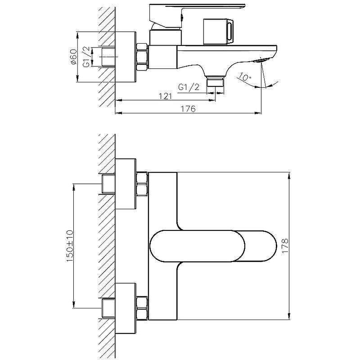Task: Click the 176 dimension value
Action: (x=188, y=108)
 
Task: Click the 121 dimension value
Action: (x=166, y=96)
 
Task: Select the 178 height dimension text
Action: (x=285, y=246)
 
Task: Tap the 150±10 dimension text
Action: (x=70, y=246)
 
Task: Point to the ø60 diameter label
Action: (x=73, y=57)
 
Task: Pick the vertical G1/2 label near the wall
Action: (x=86, y=57)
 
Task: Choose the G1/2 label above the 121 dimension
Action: (x=189, y=87)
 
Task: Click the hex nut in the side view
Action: (x=142, y=57)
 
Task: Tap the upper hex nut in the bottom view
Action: (x=142, y=184)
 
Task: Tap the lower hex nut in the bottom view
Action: (x=142, y=308)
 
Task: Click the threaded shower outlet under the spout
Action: (x=216, y=81)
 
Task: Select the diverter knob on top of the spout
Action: (x=218, y=31)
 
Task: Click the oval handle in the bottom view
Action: (x=213, y=246)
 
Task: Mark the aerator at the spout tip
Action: (x=260, y=61)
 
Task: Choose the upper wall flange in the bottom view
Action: (x=126, y=184)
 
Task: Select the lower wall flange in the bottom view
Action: (x=126, y=308)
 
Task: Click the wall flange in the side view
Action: (x=126, y=57)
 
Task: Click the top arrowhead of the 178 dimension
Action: (x=289, y=175)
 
